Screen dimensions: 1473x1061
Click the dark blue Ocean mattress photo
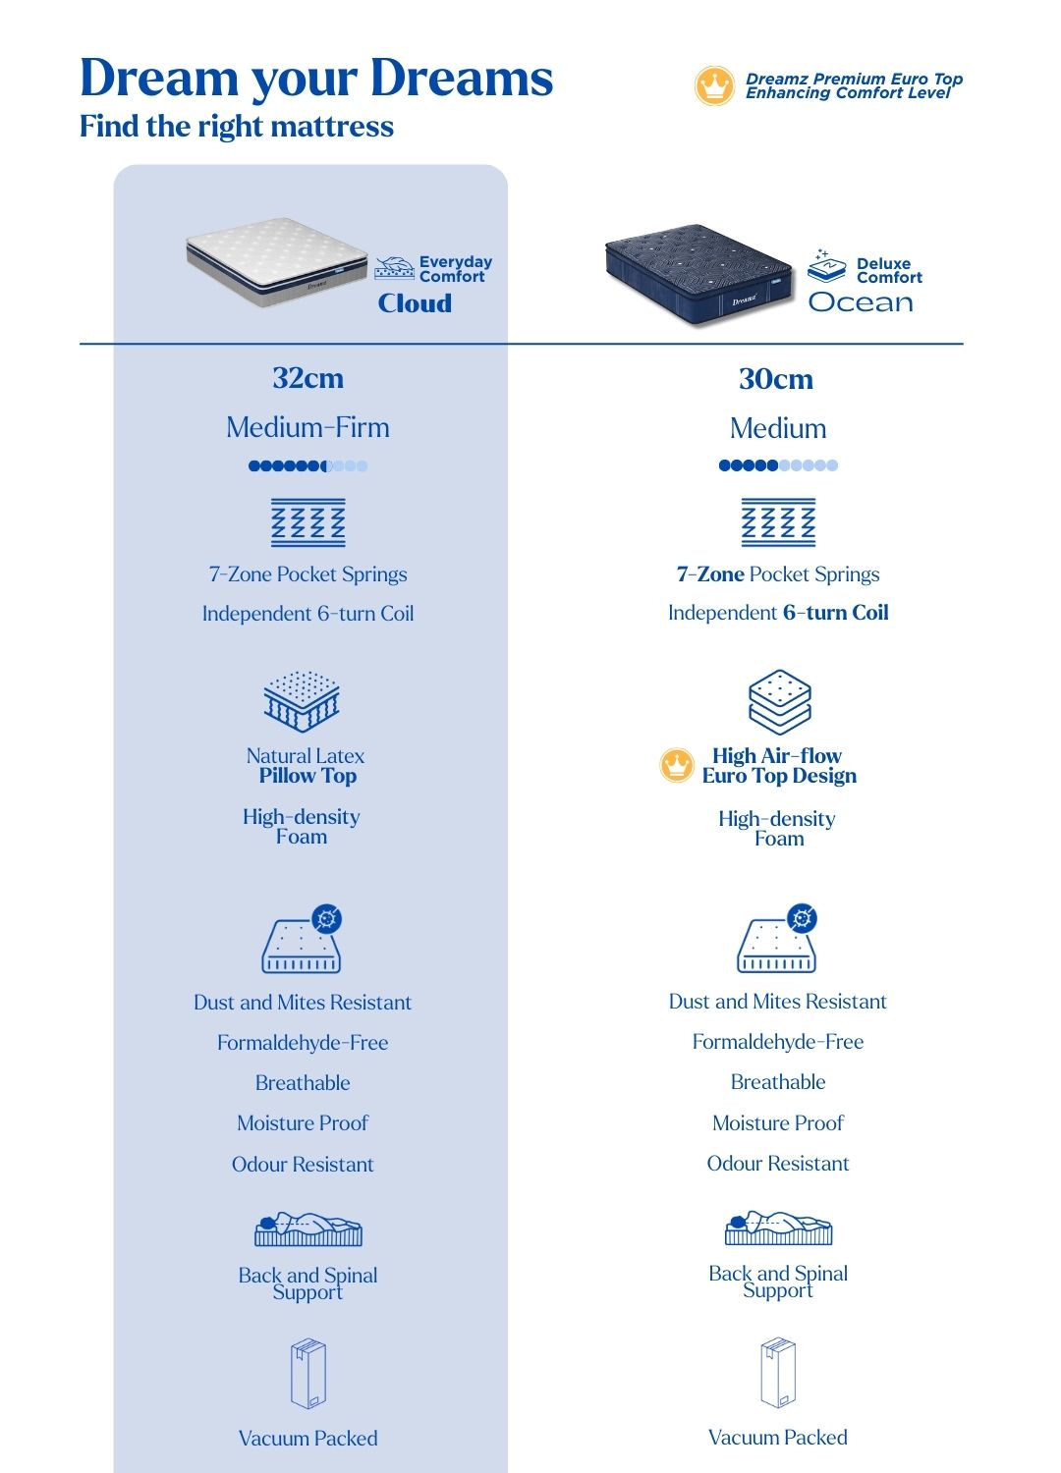coord(698,273)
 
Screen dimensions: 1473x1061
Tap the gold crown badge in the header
coord(714,86)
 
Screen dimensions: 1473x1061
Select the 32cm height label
coord(308,378)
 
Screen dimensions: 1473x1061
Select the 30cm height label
coord(776,379)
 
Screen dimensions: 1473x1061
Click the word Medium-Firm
coord(307,428)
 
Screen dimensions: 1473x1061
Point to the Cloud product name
coord(415,303)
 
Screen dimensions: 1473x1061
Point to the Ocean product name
coord(861,302)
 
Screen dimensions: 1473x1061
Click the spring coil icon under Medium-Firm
coord(308,522)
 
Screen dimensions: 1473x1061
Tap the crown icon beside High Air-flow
coord(677,765)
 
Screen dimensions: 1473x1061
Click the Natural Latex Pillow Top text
coord(307,766)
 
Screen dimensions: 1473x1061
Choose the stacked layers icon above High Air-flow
coord(779,701)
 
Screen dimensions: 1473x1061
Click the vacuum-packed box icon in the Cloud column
coord(308,1374)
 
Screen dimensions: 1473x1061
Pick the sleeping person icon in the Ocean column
coord(778,1227)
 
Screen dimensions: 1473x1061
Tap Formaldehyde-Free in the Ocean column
coord(778,1042)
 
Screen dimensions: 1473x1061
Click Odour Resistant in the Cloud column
coord(303,1165)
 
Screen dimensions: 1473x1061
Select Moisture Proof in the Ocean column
coord(778,1123)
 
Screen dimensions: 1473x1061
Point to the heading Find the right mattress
coord(237,127)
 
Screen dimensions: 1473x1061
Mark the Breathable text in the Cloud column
coord(303,1083)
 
